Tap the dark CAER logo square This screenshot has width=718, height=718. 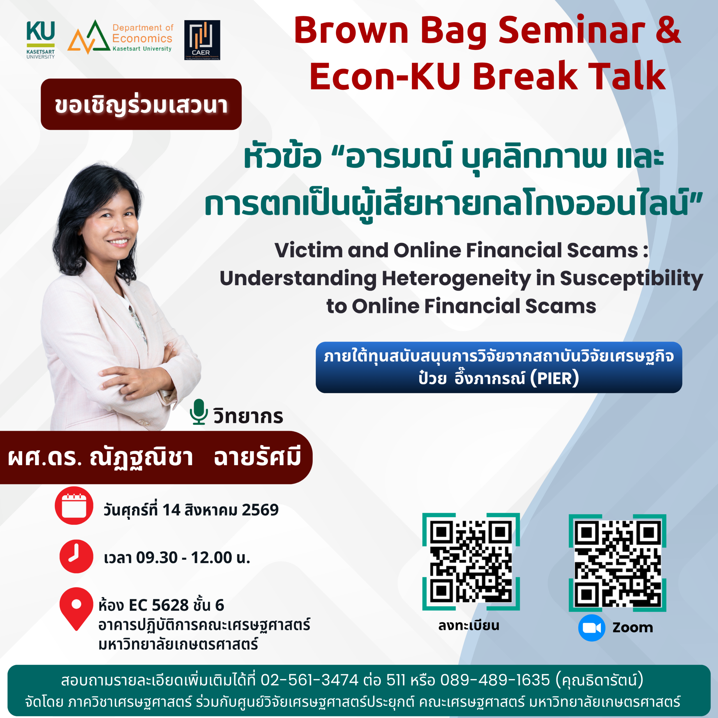coord(202,40)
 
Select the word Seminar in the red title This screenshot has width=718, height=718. coord(572,31)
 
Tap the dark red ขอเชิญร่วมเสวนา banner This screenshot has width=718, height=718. coord(141,104)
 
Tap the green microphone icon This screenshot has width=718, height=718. coord(199,412)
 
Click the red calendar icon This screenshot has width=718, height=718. coord(74,505)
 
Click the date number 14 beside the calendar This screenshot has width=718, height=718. coord(171,510)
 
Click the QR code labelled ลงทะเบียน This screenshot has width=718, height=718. coord(471,561)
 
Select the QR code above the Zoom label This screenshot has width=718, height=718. coord(617,563)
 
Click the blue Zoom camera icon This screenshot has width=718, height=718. coord(592,628)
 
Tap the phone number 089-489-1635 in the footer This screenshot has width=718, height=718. coord(495,680)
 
